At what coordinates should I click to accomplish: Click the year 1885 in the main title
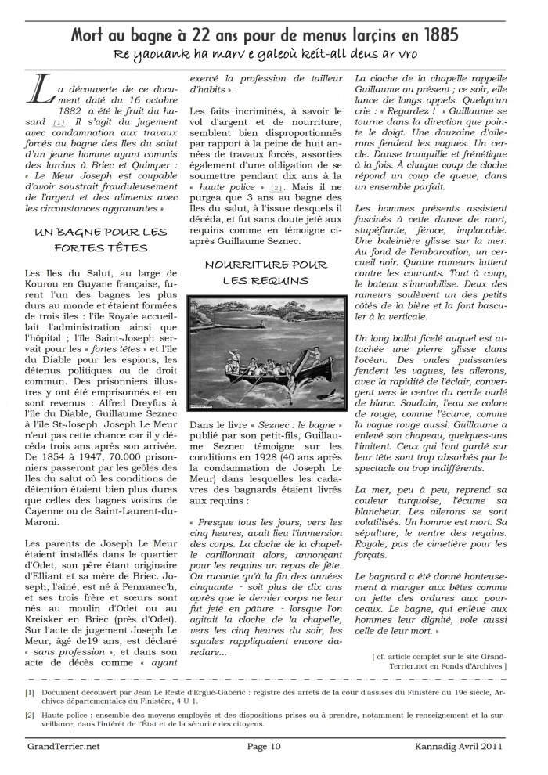coord(438,35)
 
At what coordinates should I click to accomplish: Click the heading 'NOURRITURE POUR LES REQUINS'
coord(265,272)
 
